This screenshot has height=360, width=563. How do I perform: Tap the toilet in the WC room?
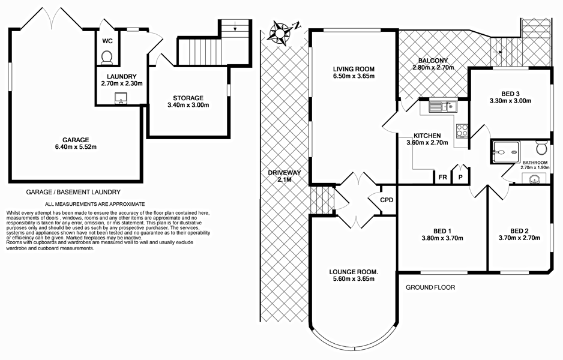[107, 56]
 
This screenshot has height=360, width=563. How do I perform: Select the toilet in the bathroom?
[540, 148]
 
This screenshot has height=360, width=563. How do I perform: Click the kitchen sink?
[442, 107]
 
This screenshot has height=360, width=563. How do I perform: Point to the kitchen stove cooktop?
[462, 131]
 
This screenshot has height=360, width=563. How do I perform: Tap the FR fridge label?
[442, 178]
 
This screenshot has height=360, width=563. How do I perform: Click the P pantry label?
[461, 178]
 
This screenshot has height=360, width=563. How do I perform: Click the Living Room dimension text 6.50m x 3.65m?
[354, 76]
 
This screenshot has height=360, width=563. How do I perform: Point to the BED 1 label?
[442, 230]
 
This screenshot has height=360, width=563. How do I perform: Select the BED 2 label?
[519, 230]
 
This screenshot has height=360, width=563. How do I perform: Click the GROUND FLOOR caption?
[430, 287]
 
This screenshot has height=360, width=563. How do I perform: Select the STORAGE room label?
[188, 98]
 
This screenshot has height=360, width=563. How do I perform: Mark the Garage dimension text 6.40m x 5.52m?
[74, 146]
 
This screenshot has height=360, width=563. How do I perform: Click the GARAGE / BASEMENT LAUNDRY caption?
[73, 192]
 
